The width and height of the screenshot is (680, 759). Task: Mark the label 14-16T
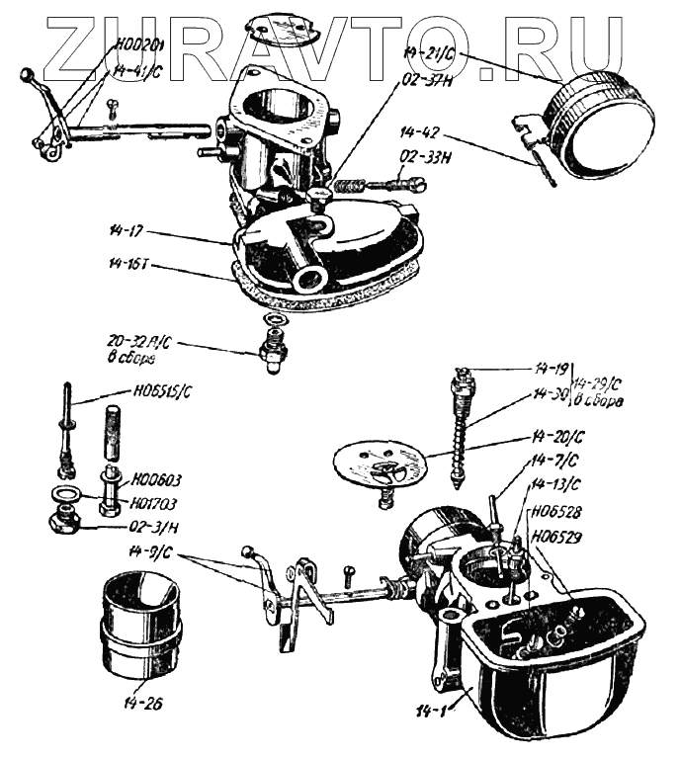[129, 267]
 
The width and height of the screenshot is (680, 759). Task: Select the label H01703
[156, 501]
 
